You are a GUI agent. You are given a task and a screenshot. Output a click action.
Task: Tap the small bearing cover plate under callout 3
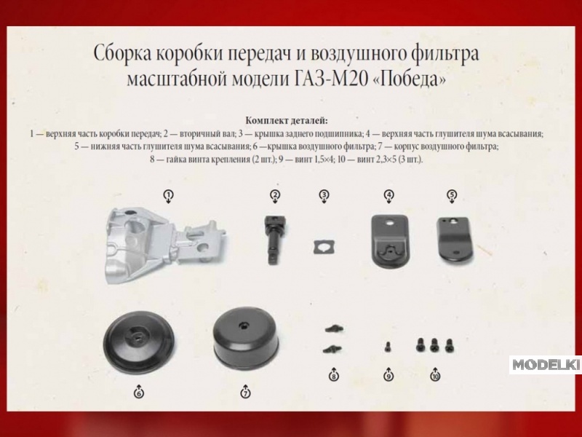coord(324,248)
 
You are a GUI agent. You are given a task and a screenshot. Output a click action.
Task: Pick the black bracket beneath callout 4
coord(389,241)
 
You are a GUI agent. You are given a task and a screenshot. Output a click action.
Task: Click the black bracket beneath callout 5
coord(453,240)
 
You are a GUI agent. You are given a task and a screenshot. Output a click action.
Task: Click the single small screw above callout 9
coord(388,347)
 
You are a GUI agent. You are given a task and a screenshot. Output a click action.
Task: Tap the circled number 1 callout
coord(169,194)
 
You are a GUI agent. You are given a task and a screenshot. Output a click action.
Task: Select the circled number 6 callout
coord(139,393)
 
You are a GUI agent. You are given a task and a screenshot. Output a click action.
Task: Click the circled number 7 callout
coord(245,393)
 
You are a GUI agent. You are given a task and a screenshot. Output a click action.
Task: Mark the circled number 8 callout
coord(334,377)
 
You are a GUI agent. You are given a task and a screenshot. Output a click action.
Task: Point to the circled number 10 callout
coord(435,377)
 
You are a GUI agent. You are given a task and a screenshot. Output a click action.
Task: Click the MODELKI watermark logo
coord(545,365)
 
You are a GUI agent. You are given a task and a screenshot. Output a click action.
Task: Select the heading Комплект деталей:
coord(287,120)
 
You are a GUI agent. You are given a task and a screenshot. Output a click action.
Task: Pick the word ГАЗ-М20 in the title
coord(330,79)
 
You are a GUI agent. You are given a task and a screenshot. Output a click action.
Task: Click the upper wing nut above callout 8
coord(334,328)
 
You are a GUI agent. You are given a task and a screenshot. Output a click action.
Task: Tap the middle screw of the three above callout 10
coord(434,345)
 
